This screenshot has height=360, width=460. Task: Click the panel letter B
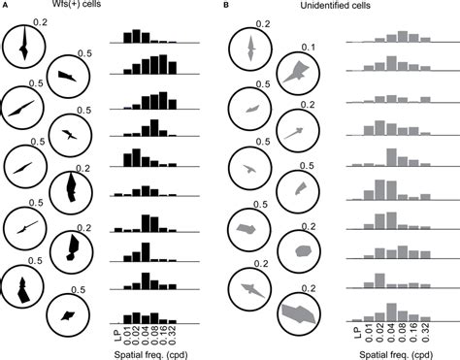226,6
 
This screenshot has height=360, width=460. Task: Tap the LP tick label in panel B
356,332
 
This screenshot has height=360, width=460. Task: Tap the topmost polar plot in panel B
251,50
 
